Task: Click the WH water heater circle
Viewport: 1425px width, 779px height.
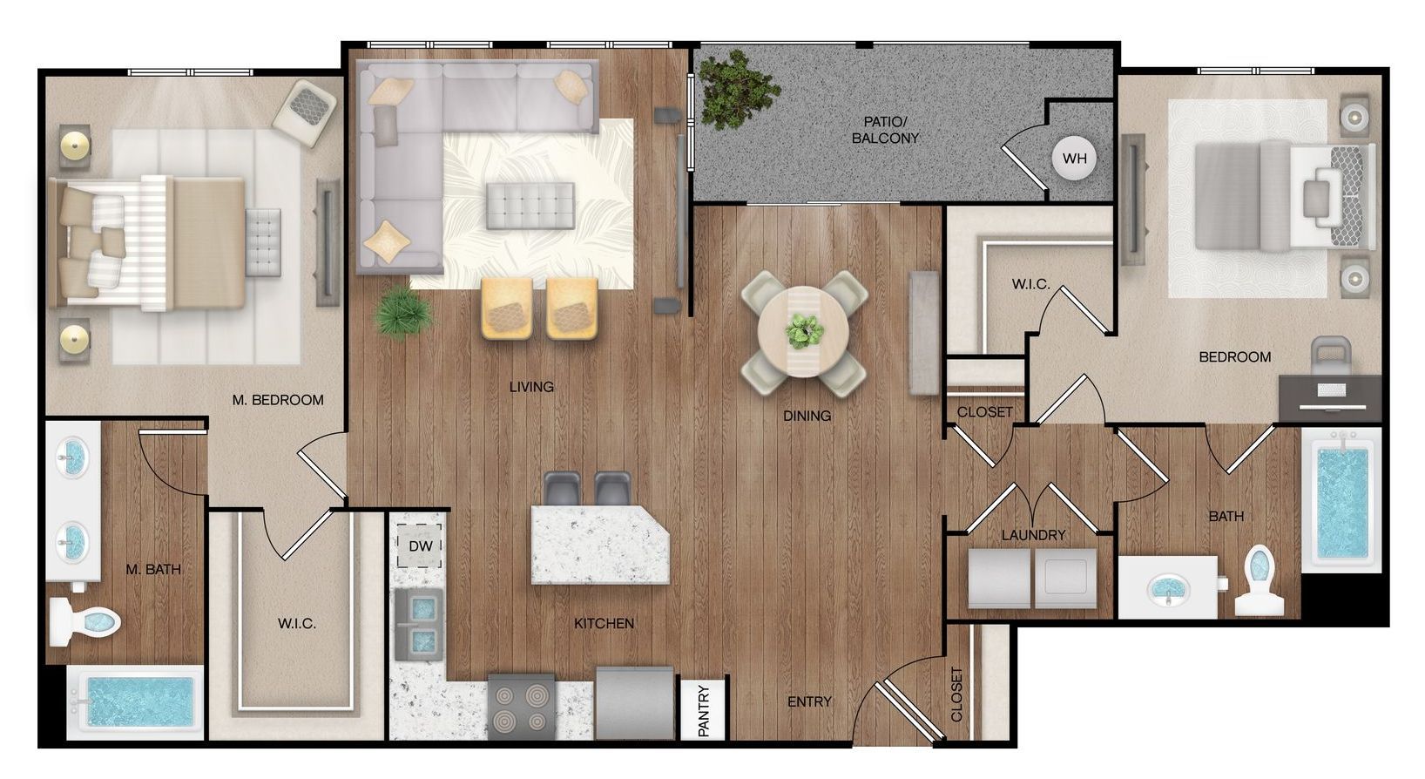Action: tap(1074, 158)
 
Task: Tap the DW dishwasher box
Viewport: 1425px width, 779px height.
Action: tap(420, 545)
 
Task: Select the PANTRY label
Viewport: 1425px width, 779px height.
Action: tap(704, 710)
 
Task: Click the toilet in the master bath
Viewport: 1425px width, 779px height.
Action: tap(85, 620)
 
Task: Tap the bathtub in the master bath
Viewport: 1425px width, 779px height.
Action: tap(136, 702)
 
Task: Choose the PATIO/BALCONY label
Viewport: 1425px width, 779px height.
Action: tap(885, 130)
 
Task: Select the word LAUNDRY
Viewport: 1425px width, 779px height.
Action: tap(1033, 535)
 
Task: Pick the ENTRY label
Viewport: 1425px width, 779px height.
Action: tap(809, 701)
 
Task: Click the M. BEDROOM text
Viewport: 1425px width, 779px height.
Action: tap(278, 400)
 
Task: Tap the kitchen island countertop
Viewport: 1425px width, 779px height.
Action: tap(600, 544)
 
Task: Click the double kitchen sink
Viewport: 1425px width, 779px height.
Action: tap(419, 624)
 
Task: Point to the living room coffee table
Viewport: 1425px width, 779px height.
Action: tap(530, 206)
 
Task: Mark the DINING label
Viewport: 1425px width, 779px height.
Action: tap(807, 416)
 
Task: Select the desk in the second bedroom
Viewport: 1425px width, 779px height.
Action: tap(1330, 397)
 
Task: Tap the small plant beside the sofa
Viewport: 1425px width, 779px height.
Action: tap(402, 312)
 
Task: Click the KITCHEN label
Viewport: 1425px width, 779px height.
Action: tap(604, 624)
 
